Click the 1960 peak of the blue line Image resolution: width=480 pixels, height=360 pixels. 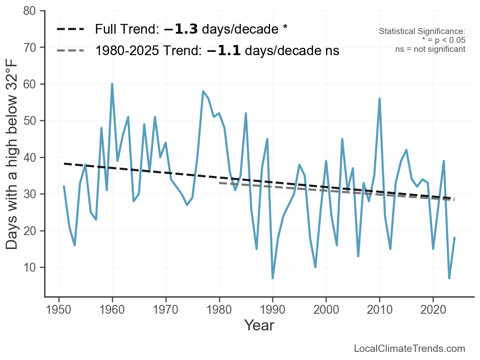(x=112, y=84)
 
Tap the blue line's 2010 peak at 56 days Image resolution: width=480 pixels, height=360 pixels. (x=379, y=99)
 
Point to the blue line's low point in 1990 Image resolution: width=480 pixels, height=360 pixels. (x=272, y=278)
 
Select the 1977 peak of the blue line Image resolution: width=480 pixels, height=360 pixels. (x=203, y=91)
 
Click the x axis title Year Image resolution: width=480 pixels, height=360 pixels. (x=259, y=326)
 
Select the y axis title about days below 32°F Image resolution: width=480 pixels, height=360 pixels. (x=13, y=154)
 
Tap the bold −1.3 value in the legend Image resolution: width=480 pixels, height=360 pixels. (x=181, y=29)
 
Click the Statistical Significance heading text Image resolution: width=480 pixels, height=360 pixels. (x=422, y=31)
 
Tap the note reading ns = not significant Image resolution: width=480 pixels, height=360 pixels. (x=430, y=49)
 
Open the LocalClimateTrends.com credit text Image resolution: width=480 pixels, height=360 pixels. (x=409, y=348)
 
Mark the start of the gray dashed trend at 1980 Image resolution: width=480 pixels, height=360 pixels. (x=219, y=183)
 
